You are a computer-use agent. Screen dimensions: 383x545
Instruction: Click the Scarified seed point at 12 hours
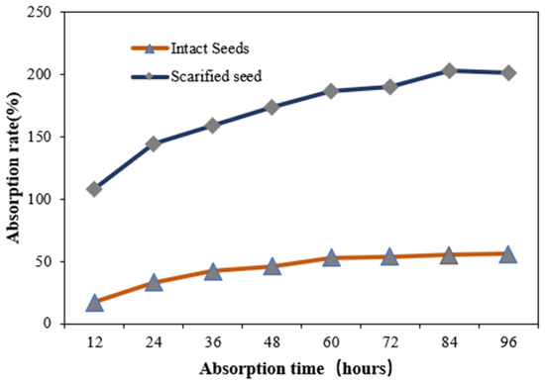(x=95, y=189)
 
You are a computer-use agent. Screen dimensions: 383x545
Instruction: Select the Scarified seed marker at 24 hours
(x=154, y=144)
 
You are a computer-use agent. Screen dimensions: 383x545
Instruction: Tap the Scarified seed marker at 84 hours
(x=449, y=70)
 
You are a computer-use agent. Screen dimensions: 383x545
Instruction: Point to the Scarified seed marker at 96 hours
(x=507, y=72)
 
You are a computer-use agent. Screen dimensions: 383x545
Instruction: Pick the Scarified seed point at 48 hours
(x=272, y=107)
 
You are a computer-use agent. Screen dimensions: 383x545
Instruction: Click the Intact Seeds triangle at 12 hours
(x=95, y=303)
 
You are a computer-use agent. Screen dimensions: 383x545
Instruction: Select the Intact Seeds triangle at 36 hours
(x=213, y=271)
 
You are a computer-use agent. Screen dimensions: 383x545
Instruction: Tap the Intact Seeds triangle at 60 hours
(x=331, y=258)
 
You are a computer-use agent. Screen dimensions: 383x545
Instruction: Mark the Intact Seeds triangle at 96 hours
(x=507, y=254)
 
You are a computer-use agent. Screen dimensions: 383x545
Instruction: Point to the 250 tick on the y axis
(x=48, y=12)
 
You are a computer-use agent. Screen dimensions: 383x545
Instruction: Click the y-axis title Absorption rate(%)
(x=15, y=168)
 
